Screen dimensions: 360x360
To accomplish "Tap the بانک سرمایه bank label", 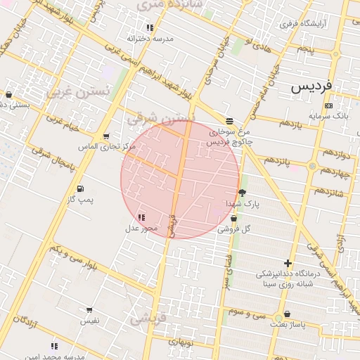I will coord(328,115).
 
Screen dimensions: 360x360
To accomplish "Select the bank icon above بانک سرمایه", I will coord(328,105).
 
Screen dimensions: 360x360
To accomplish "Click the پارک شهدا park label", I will coord(243,203).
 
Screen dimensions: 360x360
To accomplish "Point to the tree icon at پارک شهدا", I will coord(243,193).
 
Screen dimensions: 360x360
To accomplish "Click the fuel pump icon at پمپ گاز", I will coord(79,189).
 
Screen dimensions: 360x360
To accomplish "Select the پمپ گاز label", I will coord(79,200).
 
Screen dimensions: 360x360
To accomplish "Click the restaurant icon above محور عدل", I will coord(141,217).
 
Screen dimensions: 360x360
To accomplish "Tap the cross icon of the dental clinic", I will coord(288,262).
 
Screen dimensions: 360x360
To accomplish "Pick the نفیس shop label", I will coord(89,321).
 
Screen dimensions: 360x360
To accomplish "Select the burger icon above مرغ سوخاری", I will coord(229,121).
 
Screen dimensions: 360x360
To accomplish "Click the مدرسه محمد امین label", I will coord(55,356).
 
